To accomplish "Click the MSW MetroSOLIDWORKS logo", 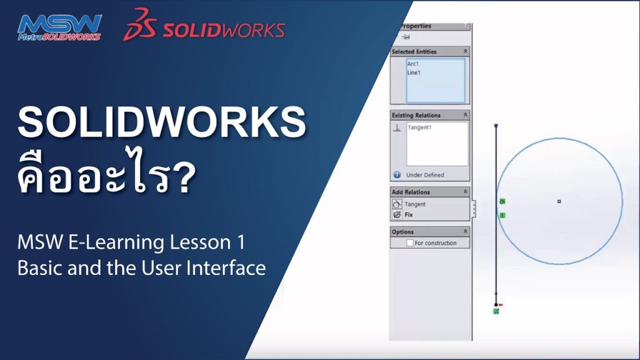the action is [59, 27].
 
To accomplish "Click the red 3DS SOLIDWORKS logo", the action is [204, 24].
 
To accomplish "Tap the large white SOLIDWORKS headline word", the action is [162, 122].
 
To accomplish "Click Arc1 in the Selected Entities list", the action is [412, 64].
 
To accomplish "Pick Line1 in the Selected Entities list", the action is [414, 72].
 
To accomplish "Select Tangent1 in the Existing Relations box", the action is [419, 127].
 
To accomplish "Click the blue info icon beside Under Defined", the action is [397, 175].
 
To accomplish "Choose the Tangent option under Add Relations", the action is [415, 204].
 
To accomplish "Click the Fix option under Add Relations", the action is [409, 215].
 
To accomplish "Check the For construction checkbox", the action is [410, 243].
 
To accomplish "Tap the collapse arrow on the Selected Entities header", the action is [465, 51].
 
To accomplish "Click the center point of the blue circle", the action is [559, 201].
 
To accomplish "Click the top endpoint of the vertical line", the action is [496, 126].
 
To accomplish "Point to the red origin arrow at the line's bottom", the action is [501, 304].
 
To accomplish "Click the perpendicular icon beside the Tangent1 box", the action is [397, 128].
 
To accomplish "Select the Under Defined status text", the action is [425, 175].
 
